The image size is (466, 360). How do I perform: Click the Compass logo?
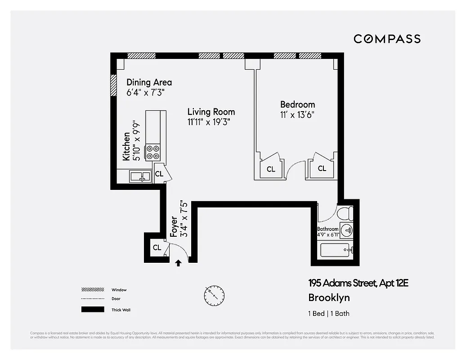click(x=387, y=39)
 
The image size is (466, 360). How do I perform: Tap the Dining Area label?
click(x=149, y=82)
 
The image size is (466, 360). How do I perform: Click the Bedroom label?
click(x=297, y=104)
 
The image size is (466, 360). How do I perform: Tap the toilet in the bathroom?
click(x=345, y=213)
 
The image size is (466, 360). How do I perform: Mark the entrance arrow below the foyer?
click(x=178, y=263)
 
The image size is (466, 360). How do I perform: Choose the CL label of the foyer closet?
click(x=157, y=247)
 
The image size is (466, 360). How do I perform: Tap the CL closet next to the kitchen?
click(x=159, y=174)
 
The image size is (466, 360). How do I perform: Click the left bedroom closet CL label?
click(x=271, y=169)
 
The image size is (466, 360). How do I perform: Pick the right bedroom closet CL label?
click(x=322, y=169)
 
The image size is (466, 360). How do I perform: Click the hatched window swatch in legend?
click(x=90, y=290)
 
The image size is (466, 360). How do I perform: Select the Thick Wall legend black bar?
click(x=90, y=310)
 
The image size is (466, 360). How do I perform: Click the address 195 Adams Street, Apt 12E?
click(x=358, y=283)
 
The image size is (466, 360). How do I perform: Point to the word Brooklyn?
click(x=329, y=297)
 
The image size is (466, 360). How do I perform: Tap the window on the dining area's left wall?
click(x=113, y=85)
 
